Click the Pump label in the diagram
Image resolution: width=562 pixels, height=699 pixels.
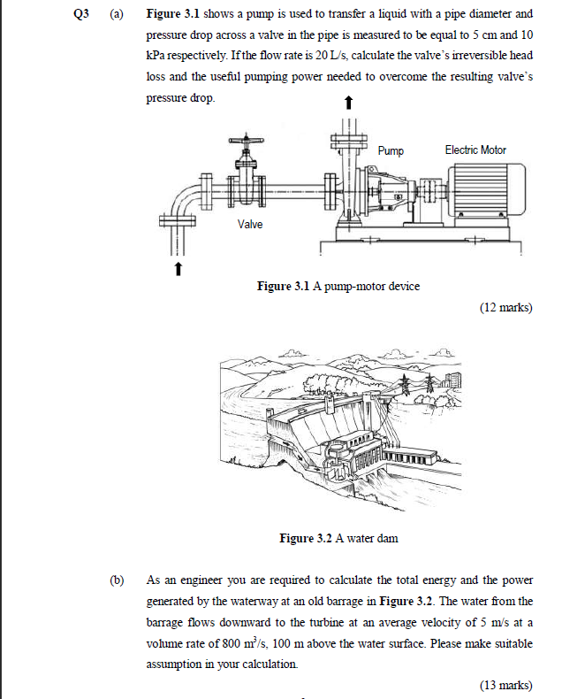(391, 150)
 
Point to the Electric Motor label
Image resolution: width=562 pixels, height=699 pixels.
(475, 150)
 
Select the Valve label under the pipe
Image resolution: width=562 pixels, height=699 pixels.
(250, 224)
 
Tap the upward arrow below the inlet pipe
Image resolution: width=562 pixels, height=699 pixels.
(178, 266)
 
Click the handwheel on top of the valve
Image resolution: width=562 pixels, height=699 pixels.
(244, 142)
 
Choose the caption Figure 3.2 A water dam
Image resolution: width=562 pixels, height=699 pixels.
(338, 538)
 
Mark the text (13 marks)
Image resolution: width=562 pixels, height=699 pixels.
(505, 684)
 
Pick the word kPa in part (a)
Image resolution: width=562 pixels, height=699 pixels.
(156, 56)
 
